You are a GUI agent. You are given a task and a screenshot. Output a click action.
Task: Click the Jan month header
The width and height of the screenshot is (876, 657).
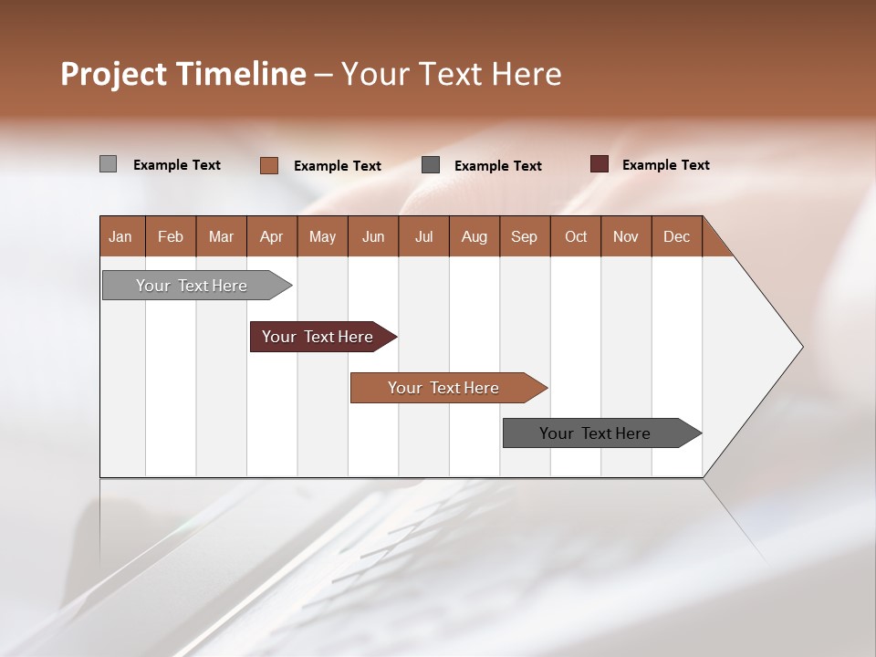point(121,236)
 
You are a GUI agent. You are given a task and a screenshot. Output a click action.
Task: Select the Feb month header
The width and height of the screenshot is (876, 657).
point(171,236)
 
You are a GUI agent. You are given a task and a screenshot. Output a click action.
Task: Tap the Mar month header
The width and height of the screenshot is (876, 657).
point(221,236)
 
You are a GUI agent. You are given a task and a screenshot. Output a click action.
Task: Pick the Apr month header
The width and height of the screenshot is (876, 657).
point(272,236)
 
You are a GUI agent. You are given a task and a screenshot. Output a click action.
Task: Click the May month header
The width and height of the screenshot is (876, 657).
point(322,236)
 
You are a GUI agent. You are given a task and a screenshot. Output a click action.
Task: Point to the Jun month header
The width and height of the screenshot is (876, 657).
point(373,236)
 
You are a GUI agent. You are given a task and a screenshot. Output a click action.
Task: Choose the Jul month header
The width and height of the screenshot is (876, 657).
point(423,236)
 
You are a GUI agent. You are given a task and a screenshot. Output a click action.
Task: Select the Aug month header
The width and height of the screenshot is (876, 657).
point(474,236)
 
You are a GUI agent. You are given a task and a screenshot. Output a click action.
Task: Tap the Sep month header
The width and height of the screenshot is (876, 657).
point(525,236)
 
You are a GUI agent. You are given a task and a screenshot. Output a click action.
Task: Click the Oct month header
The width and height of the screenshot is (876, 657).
point(576,236)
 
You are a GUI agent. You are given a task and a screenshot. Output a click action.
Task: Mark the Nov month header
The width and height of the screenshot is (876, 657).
point(626,236)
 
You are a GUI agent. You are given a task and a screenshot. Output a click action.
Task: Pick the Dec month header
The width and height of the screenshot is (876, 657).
point(677,236)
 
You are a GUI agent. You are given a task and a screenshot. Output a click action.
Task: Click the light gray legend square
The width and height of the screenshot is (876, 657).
point(108,164)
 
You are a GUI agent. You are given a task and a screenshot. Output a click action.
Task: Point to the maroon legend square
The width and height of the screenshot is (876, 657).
point(599,164)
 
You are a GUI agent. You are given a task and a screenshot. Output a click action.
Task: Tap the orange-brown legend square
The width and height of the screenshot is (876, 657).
point(269,165)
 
